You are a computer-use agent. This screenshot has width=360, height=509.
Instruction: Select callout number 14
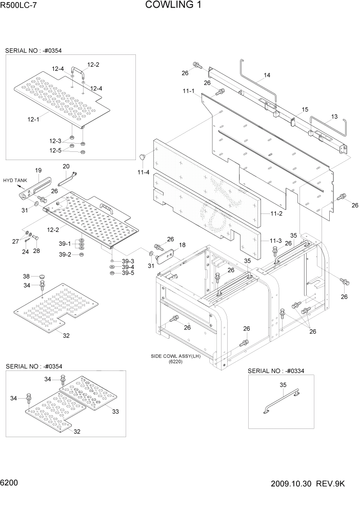pos(267,76)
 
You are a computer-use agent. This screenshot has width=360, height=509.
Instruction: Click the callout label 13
pos(334,116)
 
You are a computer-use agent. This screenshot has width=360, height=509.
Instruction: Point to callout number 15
pos(305,110)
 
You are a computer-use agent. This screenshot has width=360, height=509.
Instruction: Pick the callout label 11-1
pos(188,91)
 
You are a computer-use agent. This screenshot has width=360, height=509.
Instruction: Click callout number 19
pos(38,170)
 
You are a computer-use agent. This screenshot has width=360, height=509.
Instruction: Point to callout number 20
pos(66,166)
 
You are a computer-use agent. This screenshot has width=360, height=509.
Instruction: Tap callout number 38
pos(26,276)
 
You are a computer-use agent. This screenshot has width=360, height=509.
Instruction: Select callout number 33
pos(115,411)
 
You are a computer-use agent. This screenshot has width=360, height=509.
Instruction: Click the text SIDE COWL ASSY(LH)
pos(174,356)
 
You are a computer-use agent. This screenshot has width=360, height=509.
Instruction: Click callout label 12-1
pos(33,119)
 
